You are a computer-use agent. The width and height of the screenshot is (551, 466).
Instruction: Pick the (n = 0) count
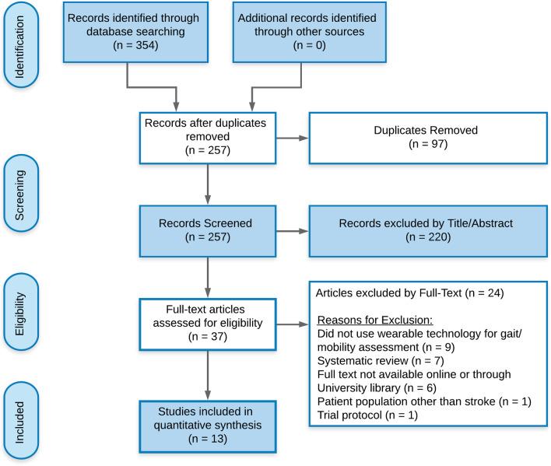coord(297,47)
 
